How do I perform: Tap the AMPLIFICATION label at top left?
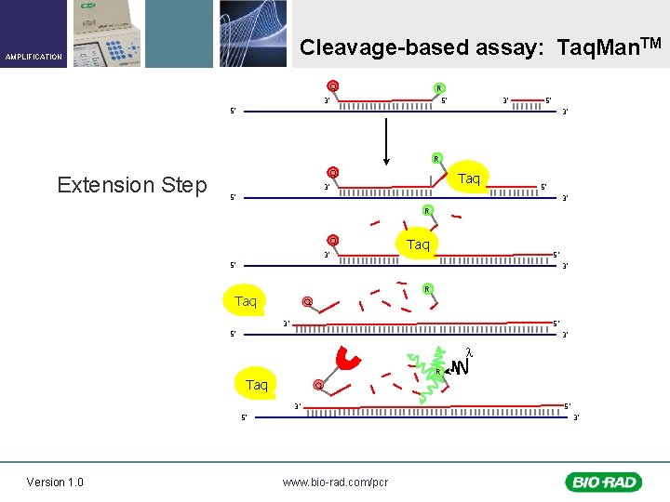[33, 57]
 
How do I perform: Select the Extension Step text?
[132, 185]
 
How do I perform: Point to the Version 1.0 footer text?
[55, 482]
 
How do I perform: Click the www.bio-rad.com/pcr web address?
[335, 482]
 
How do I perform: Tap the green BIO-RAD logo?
[602, 482]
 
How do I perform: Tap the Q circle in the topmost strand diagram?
[332, 86]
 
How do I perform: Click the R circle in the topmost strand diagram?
[437, 89]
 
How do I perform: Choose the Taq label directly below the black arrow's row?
[470, 178]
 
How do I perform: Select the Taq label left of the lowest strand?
[257, 384]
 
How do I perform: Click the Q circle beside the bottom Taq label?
[318, 385]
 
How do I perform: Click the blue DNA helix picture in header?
[254, 33]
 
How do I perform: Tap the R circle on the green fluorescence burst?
[438, 373]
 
